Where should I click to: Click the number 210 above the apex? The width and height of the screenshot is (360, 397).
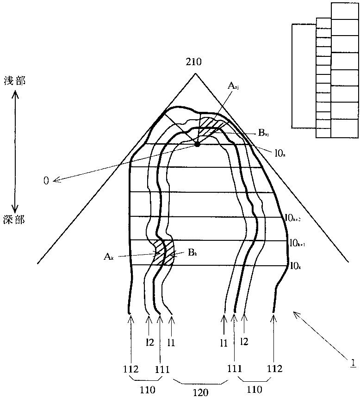click(193, 61)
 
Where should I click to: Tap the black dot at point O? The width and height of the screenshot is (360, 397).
click(198, 144)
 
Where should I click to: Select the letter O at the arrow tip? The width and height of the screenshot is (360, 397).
click(46, 181)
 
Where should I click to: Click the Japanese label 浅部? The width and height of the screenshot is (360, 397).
click(15, 80)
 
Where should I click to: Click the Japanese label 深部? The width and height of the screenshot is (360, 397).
click(15, 219)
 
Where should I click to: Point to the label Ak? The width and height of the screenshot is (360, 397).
click(109, 256)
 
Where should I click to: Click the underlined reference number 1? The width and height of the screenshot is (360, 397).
click(353, 362)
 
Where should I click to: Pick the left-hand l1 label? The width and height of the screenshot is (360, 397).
click(171, 342)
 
